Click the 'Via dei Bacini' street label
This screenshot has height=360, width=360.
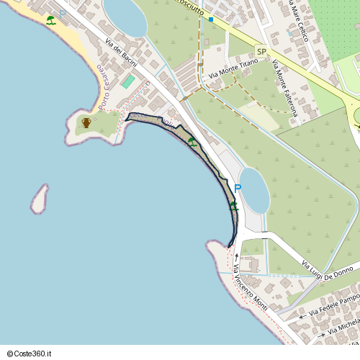coord(121,51)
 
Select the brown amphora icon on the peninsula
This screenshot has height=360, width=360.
coord(86,122)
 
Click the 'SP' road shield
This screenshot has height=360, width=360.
coord(261,52)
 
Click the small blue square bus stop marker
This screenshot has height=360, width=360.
coord(211,19)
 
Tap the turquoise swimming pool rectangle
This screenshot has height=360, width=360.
coord(127,82)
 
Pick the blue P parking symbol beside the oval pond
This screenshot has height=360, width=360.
coord(237,189)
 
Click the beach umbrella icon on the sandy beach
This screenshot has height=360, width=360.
coord(51,20)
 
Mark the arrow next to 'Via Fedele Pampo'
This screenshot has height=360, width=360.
coord(302,316)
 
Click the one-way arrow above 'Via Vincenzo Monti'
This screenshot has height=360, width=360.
coord(236,256)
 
